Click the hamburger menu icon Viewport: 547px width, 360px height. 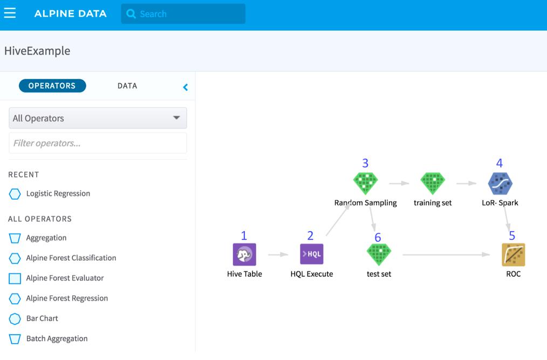[x=10, y=13]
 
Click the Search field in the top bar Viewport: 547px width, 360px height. [x=183, y=14]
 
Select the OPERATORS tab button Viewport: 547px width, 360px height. [x=52, y=86]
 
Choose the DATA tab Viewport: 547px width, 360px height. [x=127, y=86]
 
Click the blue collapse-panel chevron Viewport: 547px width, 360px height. [x=185, y=87]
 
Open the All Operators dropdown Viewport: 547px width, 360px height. [x=98, y=118]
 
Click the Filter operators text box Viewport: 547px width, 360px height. [x=98, y=143]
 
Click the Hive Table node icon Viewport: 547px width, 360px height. [x=244, y=255]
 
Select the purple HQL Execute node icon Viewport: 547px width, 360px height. [x=311, y=254]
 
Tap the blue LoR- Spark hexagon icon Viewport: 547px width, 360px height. [x=500, y=184]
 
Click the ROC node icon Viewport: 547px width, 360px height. [x=513, y=255]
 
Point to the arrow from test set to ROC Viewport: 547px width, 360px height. [x=446, y=255]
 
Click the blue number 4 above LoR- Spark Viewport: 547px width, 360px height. [x=500, y=163]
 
